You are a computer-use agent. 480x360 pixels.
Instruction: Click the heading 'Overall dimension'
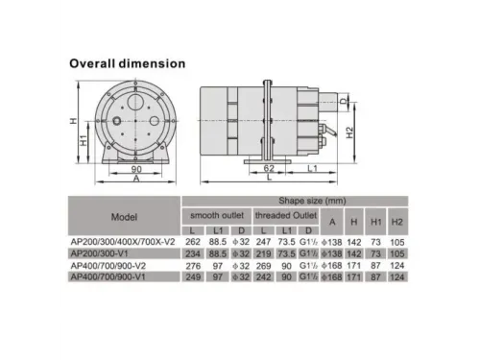(x=127, y=63)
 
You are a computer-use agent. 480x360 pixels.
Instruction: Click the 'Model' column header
(x=125, y=216)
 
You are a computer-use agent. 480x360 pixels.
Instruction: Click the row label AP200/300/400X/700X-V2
(x=125, y=243)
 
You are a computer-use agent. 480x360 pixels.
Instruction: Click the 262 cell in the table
(x=191, y=243)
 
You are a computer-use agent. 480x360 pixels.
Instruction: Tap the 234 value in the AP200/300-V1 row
(x=191, y=253)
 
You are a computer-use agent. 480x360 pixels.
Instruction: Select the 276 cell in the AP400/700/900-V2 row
(x=191, y=266)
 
